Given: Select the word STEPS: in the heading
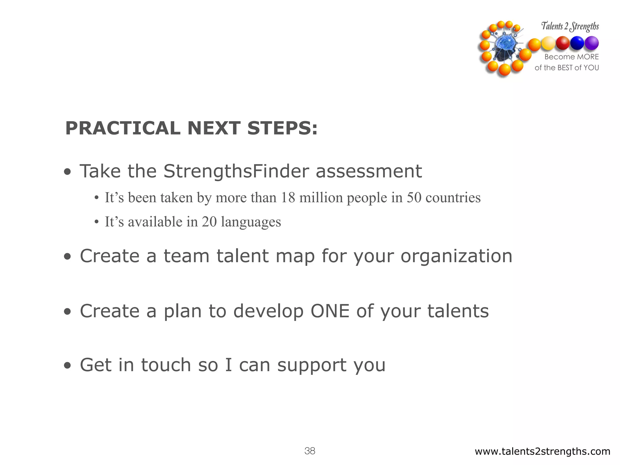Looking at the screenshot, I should (282, 128).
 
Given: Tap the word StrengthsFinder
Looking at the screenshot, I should (236, 171).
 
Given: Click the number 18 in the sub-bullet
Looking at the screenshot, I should (288, 198).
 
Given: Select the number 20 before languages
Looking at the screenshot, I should (209, 222).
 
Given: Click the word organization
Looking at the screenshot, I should (456, 256).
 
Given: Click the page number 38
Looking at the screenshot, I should (310, 451).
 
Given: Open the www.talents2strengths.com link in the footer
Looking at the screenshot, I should (542, 451).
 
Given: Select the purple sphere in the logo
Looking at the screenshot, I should (592, 43).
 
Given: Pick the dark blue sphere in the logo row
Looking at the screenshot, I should (577, 43).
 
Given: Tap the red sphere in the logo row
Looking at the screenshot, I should (563, 43).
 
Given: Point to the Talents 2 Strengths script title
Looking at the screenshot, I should (570, 27).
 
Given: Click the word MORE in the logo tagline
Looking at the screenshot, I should (588, 57).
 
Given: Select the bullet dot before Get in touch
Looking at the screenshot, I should (68, 366).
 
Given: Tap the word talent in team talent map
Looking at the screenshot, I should (242, 256).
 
